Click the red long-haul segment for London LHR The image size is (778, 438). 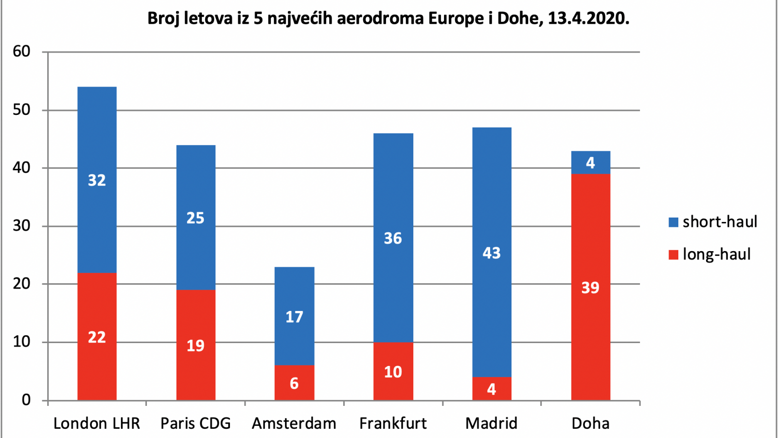point(97,336)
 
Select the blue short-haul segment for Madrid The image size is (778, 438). point(492,253)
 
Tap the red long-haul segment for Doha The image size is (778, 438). point(591,287)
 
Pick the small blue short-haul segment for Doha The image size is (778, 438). point(591,163)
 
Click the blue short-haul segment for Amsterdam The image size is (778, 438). point(295,316)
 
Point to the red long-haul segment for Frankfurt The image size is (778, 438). point(393,371)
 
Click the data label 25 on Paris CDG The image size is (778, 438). point(195,218)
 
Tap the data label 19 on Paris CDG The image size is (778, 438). point(195,346)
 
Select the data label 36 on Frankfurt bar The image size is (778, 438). point(393,238)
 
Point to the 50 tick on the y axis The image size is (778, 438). point(21,110)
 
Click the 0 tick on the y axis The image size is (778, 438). point(26,400)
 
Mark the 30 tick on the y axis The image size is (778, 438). point(21,226)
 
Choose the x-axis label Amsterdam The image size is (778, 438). point(294,423)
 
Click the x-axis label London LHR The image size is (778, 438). point(97,423)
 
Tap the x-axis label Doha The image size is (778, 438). point(590,423)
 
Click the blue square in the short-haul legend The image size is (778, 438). point(673,222)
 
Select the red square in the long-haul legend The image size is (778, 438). point(673,255)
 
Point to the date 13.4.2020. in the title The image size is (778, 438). point(589,18)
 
